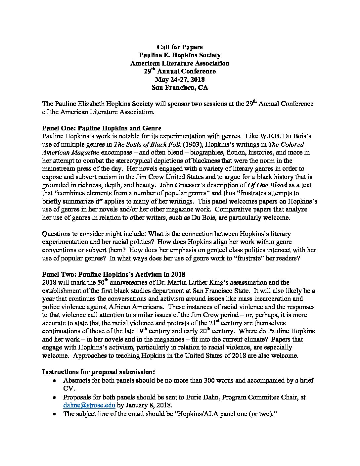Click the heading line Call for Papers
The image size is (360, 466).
click(180, 47)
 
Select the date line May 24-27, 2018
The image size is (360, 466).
click(180, 79)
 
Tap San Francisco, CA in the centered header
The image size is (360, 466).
click(180, 88)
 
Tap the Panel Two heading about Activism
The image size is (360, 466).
click(113, 274)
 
